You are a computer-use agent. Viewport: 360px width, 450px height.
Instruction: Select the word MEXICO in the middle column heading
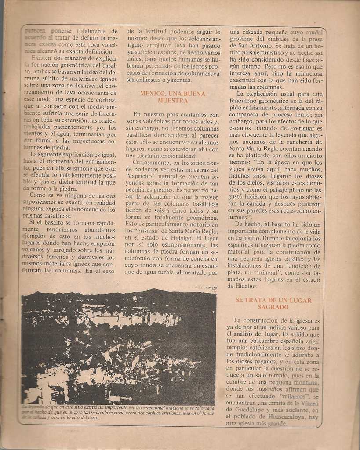(x=152, y=94)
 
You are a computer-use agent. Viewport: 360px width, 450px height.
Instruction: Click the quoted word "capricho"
(x=143, y=176)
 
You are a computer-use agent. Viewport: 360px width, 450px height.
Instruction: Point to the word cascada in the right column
(x=252, y=32)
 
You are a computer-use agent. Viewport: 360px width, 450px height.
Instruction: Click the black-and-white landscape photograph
(x=118, y=347)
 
